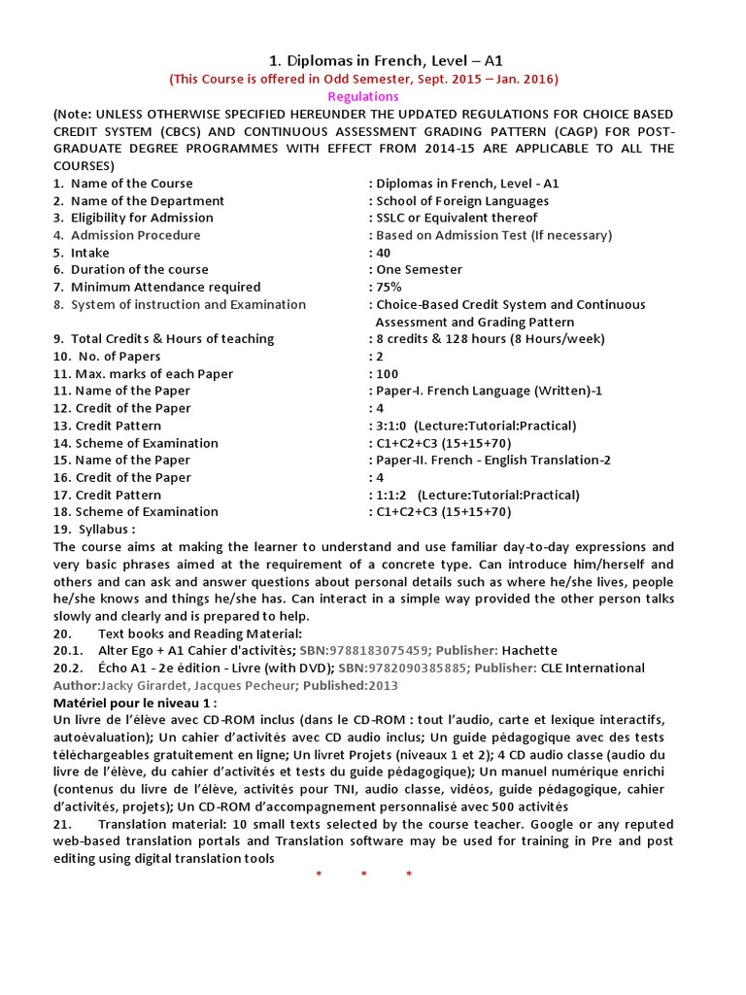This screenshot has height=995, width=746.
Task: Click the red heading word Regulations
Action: (x=363, y=96)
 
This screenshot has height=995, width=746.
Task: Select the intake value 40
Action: (x=384, y=253)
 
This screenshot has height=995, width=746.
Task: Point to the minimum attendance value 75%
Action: (x=389, y=287)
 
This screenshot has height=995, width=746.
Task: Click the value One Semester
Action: (x=420, y=269)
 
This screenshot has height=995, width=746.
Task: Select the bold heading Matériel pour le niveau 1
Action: (x=135, y=702)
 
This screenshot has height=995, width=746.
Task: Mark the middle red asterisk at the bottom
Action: (x=364, y=875)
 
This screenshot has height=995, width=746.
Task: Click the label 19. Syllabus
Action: (x=94, y=530)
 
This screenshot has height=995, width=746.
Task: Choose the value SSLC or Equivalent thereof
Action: (x=457, y=218)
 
